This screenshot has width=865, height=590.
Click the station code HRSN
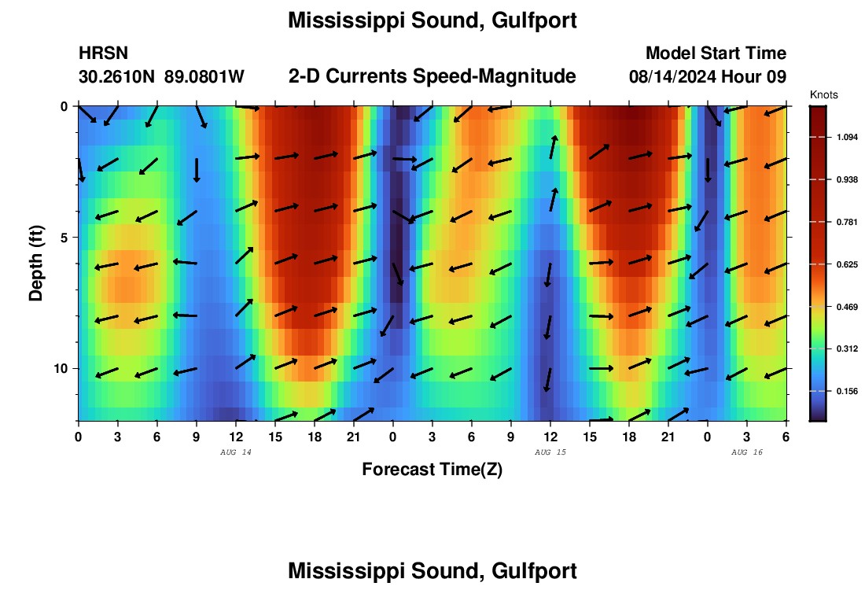(x=103, y=53)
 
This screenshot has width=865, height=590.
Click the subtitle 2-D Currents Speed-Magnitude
(x=432, y=76)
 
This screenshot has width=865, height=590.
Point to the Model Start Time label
(x=716, y=53)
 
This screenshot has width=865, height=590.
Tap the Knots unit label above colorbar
(x=823, y=94)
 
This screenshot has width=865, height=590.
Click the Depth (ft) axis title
(x=36, y=262)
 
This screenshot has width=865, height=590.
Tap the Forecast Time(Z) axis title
(x=432, y=470)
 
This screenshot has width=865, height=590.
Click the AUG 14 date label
(x=236, y=452)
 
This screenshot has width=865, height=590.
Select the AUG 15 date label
(x=550, y=452)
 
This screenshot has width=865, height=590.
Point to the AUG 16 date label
(x=746, y=452)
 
